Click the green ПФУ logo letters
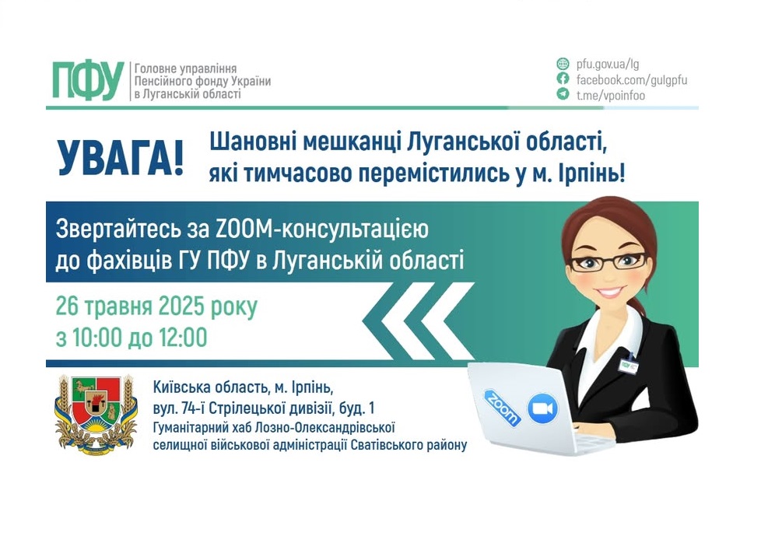(87, 80)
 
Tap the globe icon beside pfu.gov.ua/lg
(563, 64)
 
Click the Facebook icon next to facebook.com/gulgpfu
(563, 79)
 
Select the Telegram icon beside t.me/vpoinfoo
(563, 95)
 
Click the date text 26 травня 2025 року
(156, 307)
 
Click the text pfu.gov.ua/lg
(608, 64)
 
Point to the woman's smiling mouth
(612, 292)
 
